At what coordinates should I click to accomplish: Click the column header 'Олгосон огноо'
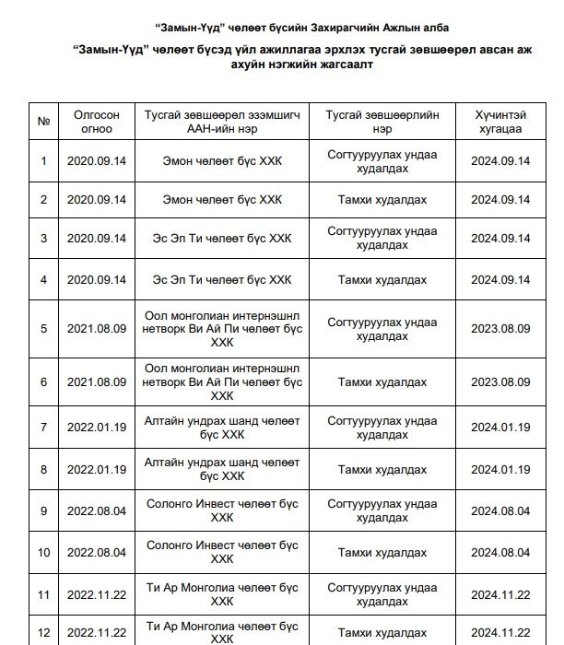coord(97,122)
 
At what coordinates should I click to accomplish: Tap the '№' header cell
coord(43,122)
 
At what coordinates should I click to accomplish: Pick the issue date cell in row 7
coord(97,427)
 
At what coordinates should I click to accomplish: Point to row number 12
coord(43,633)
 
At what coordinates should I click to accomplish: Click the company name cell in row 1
coord(227,161)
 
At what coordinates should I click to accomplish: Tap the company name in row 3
coord(227,239)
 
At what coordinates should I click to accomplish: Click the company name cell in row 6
coord(227,381)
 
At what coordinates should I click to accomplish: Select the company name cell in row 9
coord(227,510)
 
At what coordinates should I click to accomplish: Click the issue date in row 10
coord(97,552)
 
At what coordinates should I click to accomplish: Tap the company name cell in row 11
coord(227,594)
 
